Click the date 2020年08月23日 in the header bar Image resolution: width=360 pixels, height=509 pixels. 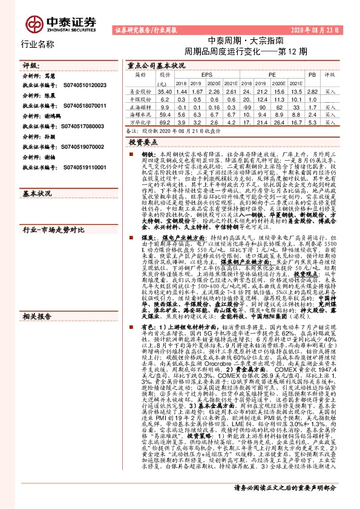(323, 28)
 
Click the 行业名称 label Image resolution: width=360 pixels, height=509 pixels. (38, 44)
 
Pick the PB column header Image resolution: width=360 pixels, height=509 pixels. (312, 74)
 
